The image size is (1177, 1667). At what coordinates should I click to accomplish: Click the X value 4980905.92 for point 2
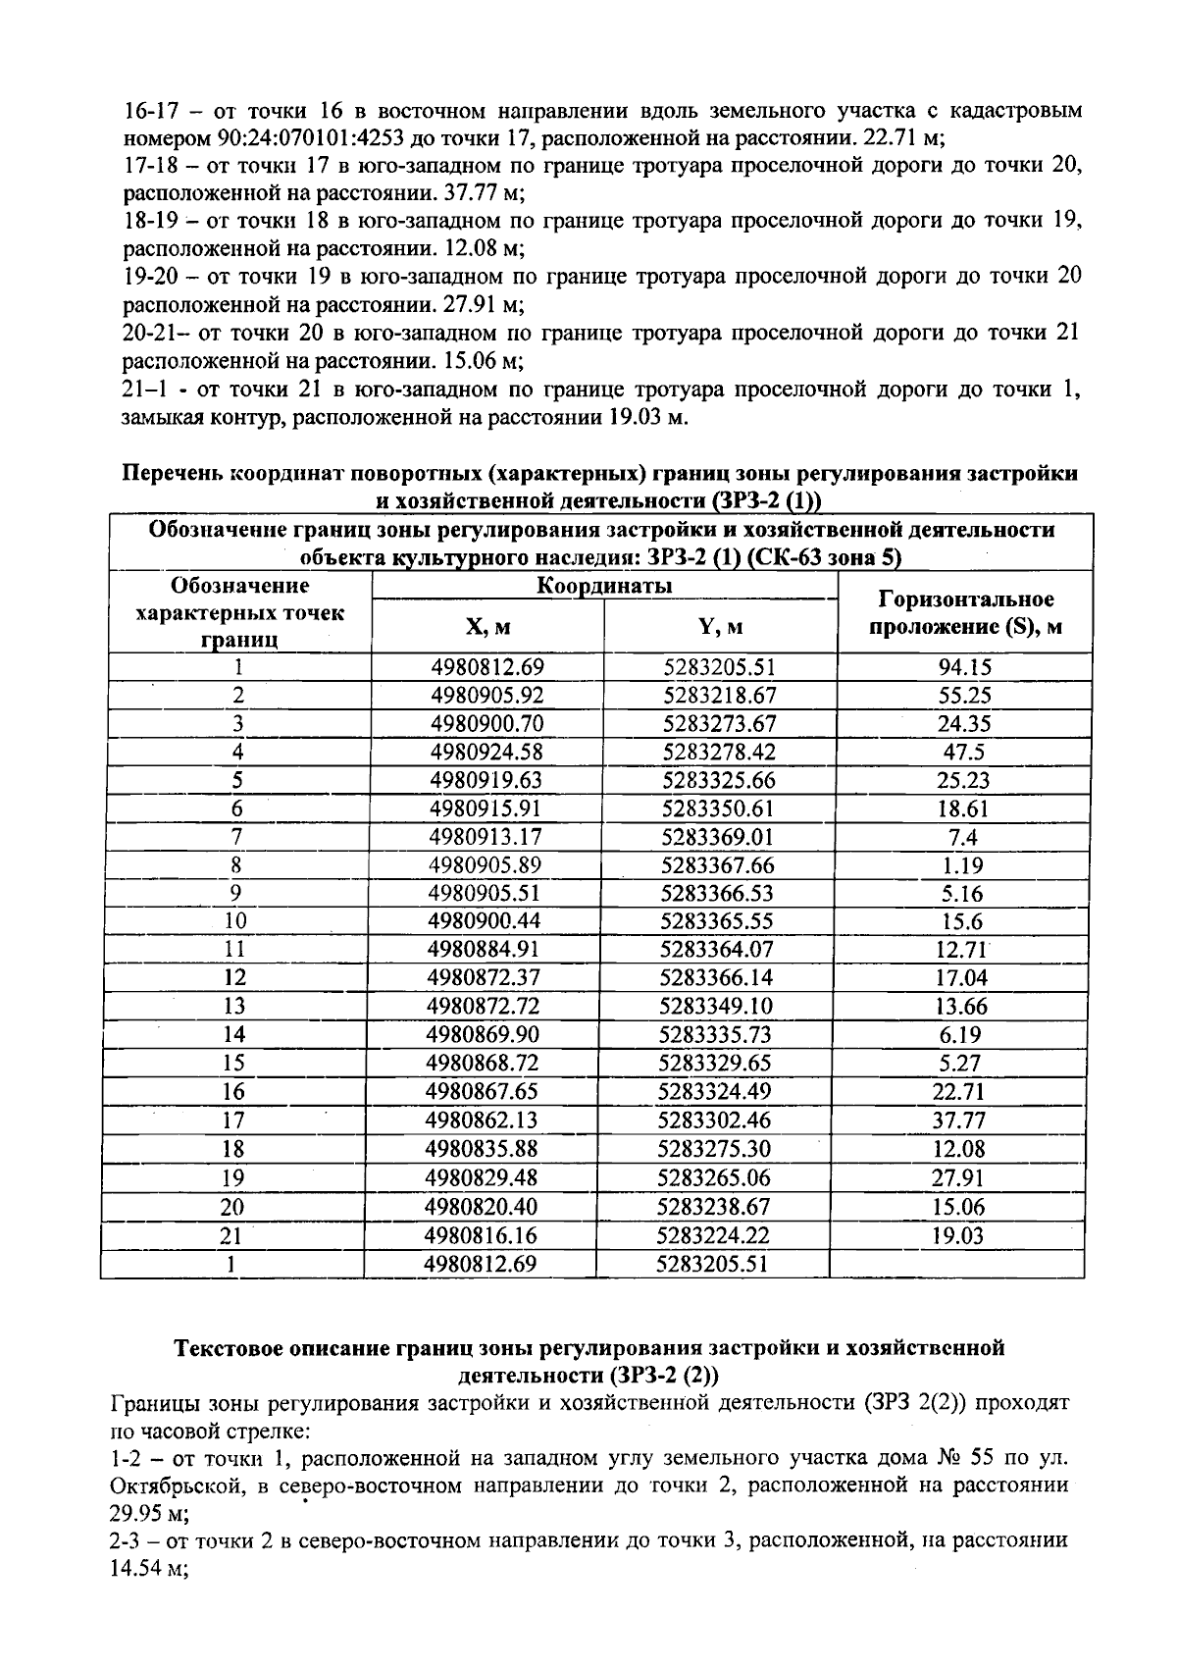(x=487, y=696)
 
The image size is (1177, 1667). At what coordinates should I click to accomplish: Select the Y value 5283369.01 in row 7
(x=719, y=837)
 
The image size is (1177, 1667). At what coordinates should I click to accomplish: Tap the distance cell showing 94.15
(x=965, y=667)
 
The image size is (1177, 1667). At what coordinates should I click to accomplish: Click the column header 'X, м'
(x=487, y=626)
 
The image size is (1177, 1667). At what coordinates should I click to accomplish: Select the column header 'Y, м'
(x=719, y=626)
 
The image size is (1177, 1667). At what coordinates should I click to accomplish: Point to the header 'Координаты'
(x=604, y=587)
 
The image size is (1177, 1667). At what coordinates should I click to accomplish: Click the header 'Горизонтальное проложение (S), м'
(x=965, y=612)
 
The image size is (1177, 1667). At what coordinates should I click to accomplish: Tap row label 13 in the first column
(x=235, y=1006)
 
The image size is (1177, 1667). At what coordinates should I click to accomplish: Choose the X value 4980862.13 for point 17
(x=483, y=1120)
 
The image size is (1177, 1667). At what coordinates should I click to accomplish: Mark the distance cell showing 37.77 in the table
(x=959, y=1120)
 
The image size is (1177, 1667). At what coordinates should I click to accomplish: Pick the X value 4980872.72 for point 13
(x=485, y=1006)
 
